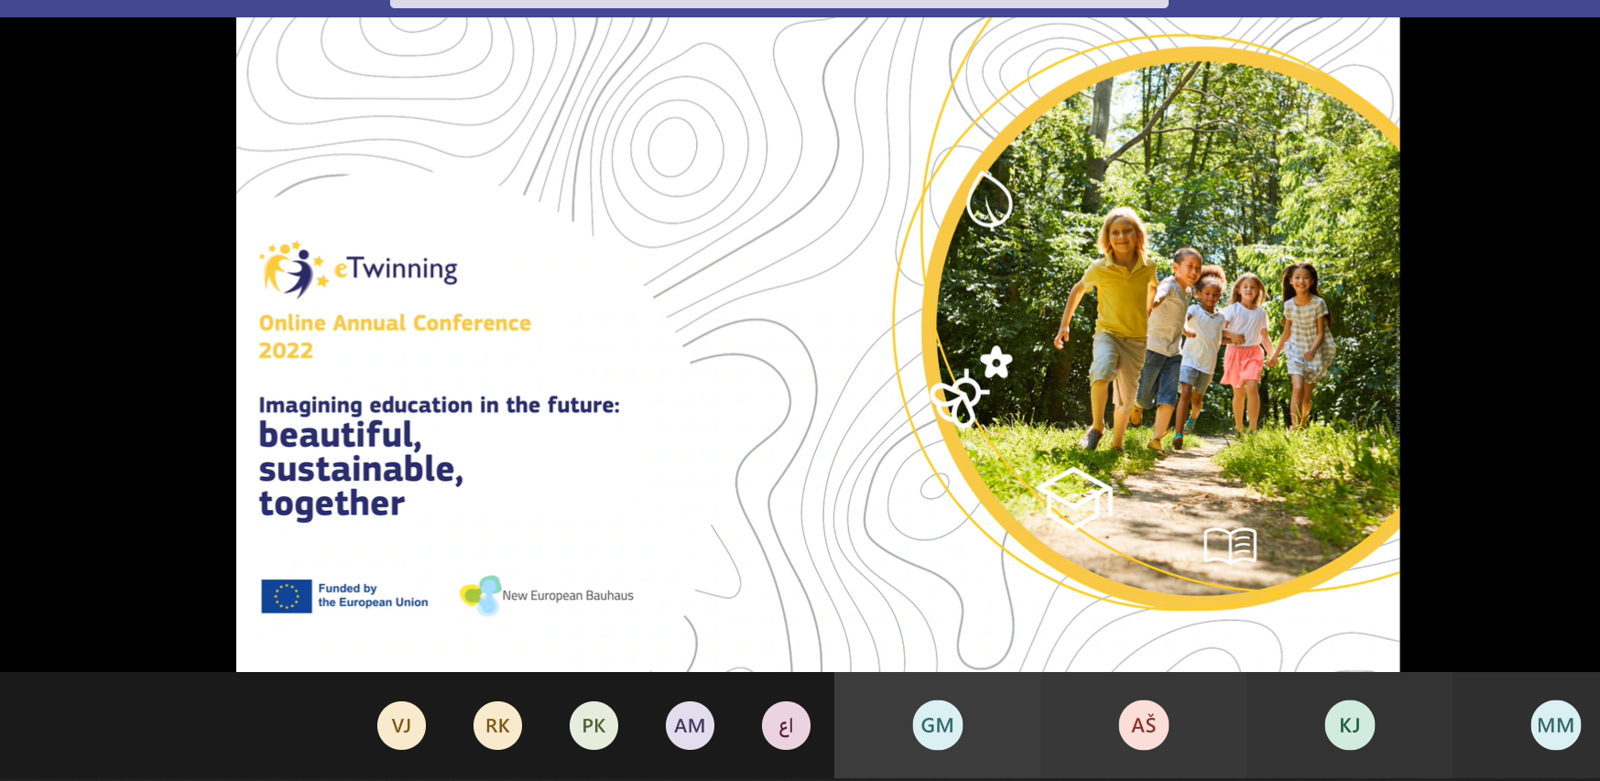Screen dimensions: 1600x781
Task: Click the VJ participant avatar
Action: [x=401, y=725]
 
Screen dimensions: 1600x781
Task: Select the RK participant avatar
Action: [x=497, y=725]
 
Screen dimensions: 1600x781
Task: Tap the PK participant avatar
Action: [x=593, y=725]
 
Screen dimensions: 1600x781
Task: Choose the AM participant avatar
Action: [x=690, y=725]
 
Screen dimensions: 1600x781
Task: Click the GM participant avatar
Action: [x=937, y=725]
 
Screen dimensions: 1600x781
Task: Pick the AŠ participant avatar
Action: [x=1143, y=725]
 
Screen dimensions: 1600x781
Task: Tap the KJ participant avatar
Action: [x=1349, y=725]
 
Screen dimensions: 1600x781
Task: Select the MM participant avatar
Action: [x=1555, y=725]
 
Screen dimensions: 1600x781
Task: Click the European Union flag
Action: [x=287, y=596]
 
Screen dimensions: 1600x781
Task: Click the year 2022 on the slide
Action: [x=286, y=351]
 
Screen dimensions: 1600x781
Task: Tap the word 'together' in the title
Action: [x=332, y=504]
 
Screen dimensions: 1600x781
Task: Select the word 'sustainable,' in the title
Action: [x=361, y=470]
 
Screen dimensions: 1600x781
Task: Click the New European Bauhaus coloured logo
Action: [x=481, y=595]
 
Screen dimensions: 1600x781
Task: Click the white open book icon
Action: [x=1230, y=546]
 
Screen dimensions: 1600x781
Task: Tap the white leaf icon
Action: [x=990, y=200]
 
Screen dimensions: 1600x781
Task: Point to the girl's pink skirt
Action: [x=1242, y=365]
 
